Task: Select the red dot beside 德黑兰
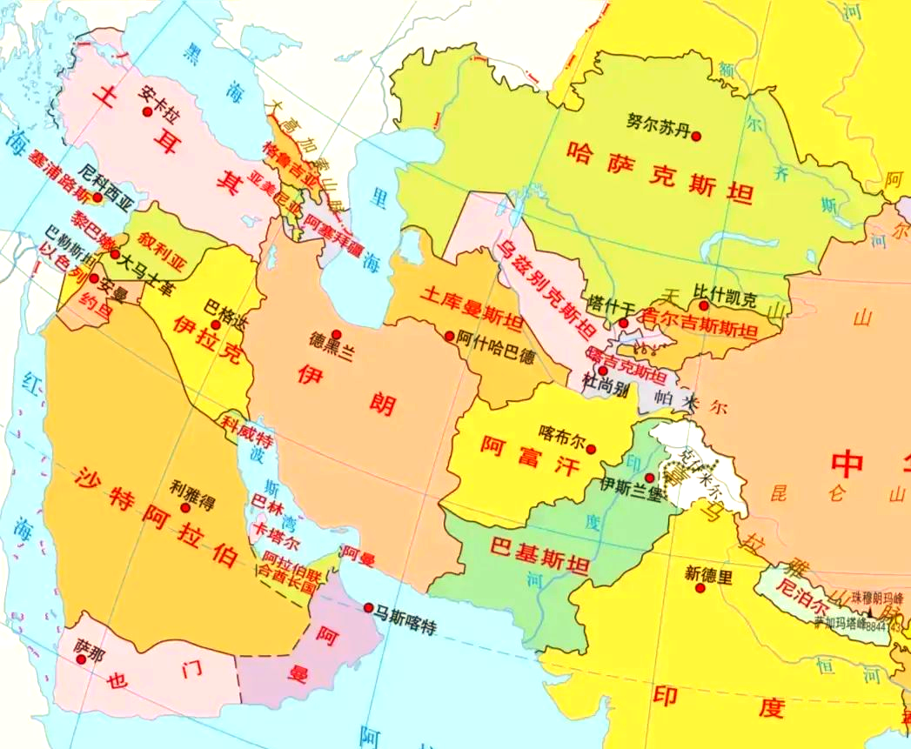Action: pos(336,334)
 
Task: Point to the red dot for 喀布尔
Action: pos(592,450)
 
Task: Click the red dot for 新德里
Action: pos(700,589)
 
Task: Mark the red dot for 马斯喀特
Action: pos(369,607)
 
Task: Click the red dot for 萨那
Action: pos(81,659)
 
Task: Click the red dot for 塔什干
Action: pos(623,324)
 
